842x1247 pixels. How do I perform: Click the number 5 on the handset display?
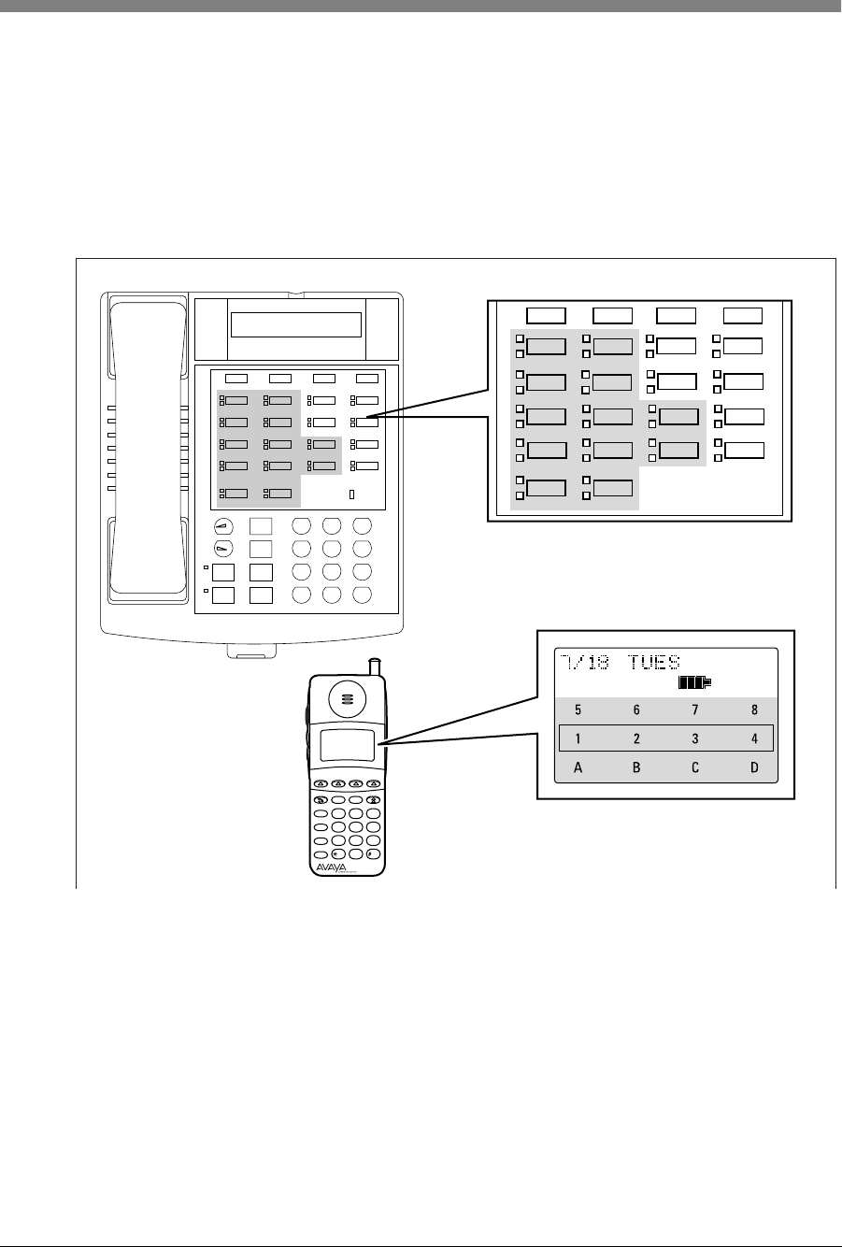click(x=578, y=710)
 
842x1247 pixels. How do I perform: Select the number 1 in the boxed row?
click(x=578, y=738)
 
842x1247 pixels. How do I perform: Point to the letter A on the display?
click(x=578, y=768)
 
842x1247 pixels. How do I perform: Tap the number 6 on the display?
click(x=636, y=710)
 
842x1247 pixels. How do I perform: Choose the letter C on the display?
click(x=695, y=768)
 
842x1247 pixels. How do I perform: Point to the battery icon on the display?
click(x=693, y=684)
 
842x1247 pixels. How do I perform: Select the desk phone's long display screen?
click(x=295, y=325)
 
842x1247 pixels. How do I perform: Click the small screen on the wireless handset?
click(x=348, y=746)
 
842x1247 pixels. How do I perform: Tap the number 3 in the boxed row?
click(x=695, y=738)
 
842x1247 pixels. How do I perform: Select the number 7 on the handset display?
click(x=695, y=710)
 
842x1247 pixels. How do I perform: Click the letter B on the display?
click(x=636, y=768)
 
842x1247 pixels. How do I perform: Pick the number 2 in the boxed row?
click(x=636, y=738)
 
